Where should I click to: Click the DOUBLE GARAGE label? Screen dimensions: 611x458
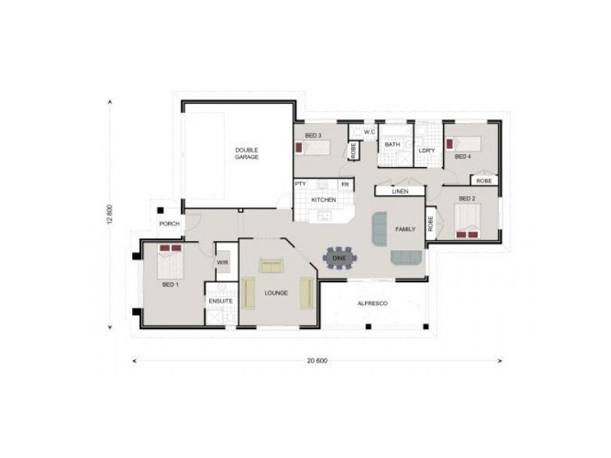coord(247,153)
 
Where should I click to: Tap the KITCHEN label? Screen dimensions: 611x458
coord(323,200)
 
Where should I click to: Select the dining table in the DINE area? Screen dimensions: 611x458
coord(339,258)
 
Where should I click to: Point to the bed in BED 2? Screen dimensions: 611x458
coord(467,221)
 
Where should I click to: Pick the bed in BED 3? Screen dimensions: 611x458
coord(312,147)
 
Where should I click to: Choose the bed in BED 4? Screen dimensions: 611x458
coord(464,144)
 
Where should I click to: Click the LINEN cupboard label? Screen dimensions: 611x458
coord(400,192)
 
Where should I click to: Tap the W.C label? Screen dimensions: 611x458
coord(370,132)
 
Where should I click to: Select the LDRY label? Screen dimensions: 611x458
coord(427,150)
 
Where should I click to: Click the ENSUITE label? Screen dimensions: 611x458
coord(221,301)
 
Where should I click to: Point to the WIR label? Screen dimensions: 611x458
coord(222,263)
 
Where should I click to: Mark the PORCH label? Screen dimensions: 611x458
coord(170,224)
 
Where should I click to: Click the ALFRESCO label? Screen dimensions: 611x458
coord(373,303)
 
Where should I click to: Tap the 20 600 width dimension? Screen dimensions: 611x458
coord(317,360)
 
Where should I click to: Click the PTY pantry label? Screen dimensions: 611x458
coord(300,184)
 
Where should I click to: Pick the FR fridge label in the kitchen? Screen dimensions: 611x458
coord(345,185)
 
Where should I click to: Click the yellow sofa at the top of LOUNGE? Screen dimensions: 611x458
coord(271,266)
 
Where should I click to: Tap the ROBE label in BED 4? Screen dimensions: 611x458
coord(484,181)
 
